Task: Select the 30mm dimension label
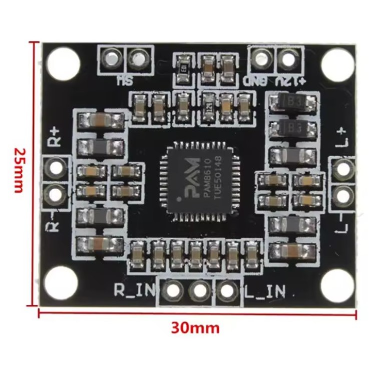195,328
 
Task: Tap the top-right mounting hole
337,64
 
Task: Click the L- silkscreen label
343,222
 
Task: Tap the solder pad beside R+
55,166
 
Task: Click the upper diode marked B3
293,104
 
